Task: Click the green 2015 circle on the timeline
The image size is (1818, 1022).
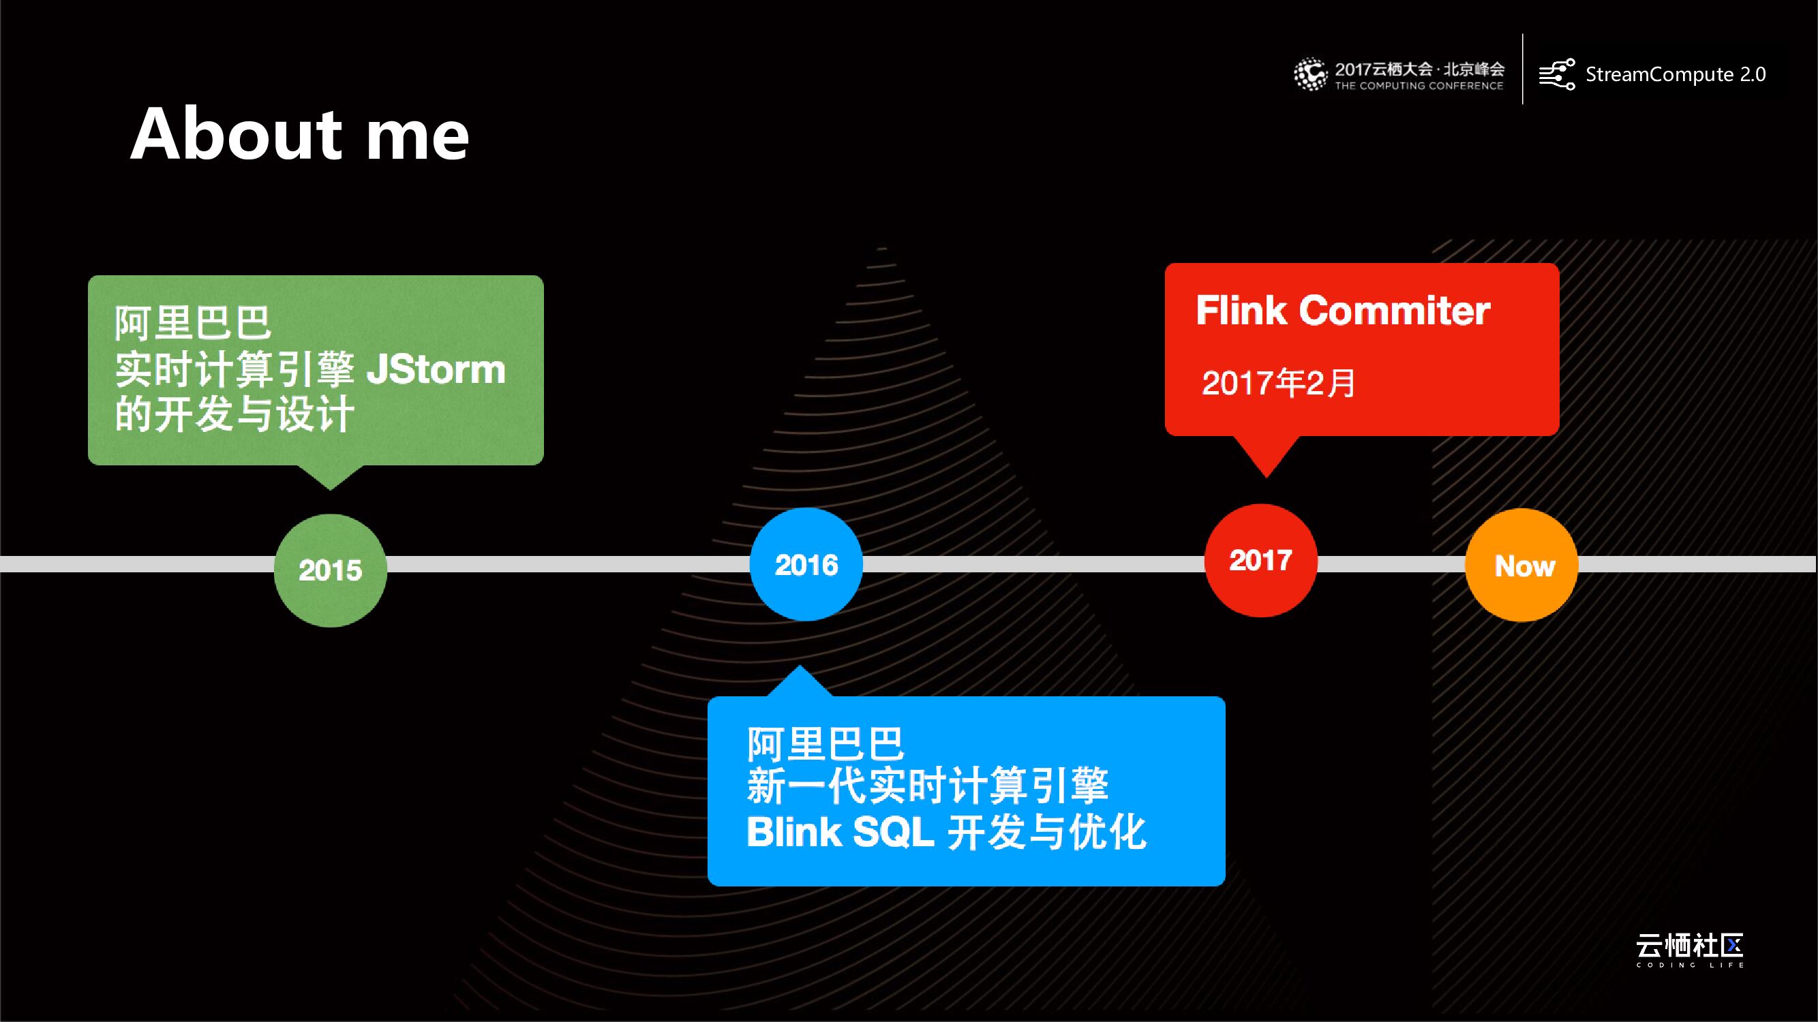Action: (331, 570)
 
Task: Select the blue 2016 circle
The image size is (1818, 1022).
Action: (806, 564)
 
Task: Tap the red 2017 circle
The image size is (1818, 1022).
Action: (1260, 561)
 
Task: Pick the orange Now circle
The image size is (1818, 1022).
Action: (1522, 565)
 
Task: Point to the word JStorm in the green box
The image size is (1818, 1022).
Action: (436, 369)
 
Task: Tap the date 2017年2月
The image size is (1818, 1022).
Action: (1278, 383)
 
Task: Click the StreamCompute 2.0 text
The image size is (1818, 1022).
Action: (1676, 74)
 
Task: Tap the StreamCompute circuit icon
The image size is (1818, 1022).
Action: (1556, 74)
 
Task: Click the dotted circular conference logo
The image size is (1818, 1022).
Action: (1310, 74)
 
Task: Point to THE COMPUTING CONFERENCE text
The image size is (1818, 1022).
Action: (1419, 86)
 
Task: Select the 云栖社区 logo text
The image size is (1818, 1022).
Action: (1690, 944)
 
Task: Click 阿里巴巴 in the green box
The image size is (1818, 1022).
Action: (193, 323)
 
